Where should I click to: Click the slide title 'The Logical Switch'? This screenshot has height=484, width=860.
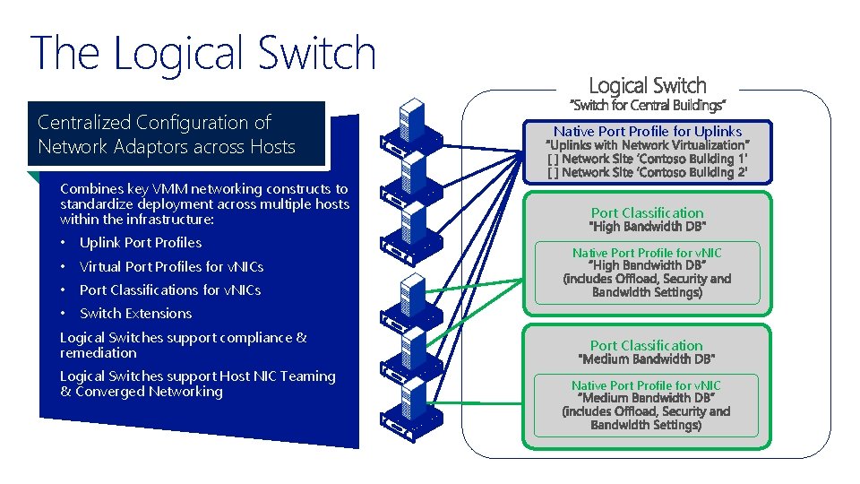(203, 54)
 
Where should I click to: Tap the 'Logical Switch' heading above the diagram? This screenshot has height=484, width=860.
(648, 86)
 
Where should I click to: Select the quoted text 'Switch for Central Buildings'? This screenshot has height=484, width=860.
(648, 106)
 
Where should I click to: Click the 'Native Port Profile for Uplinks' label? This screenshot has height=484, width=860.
(648, 131)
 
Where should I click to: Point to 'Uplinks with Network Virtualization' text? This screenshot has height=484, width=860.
(648, 145)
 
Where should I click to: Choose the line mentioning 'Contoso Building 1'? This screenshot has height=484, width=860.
(648, 159)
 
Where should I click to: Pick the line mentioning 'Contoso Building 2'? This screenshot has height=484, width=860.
(648, 172)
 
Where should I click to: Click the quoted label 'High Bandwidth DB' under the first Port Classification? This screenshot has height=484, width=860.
(648, 226)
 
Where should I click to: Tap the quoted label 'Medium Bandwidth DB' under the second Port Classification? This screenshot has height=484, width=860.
(648, 359)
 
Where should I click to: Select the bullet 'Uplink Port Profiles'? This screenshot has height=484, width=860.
(141, 243)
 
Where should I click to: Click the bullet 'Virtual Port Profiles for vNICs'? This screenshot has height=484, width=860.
(171, 266)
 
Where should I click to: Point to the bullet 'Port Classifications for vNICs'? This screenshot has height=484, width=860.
(170, 290)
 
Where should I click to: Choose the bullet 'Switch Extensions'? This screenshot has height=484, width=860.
(135, 314)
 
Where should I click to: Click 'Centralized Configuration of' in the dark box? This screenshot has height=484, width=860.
(154, 123)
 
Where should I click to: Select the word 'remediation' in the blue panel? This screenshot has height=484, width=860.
(99, 353)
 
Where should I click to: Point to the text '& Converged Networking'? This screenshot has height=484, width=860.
(142, 392)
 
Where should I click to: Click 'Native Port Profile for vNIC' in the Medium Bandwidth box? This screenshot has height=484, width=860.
(647, 385)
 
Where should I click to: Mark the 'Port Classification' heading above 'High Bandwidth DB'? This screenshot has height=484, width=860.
(648, 212)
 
